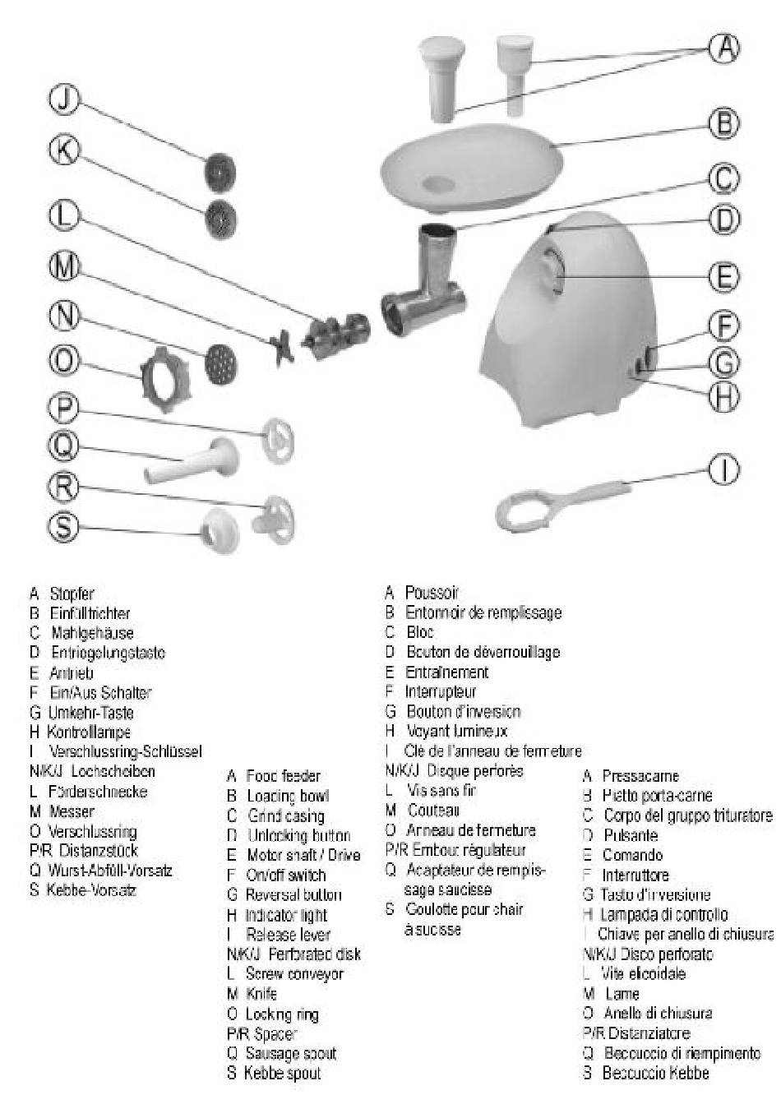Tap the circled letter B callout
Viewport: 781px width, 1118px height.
723,123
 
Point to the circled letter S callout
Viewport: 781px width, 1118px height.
63,526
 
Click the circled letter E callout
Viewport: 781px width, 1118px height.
723,276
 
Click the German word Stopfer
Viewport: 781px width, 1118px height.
72,594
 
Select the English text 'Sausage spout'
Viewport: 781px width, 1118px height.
291,1054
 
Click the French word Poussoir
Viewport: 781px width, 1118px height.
432,593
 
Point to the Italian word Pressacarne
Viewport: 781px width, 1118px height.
640,776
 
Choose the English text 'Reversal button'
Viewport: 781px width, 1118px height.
293,895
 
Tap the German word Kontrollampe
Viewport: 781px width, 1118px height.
89,732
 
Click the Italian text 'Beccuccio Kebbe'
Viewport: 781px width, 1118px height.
655,1073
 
